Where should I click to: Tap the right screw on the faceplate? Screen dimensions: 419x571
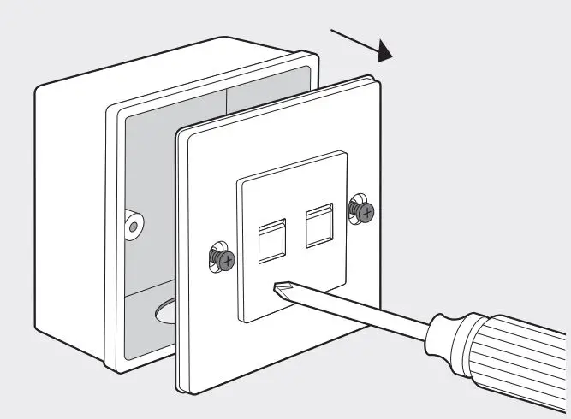coord(362,210)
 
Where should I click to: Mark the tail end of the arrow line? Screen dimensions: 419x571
coord(331,32)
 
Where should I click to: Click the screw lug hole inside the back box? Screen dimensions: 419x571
coord(133,226)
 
